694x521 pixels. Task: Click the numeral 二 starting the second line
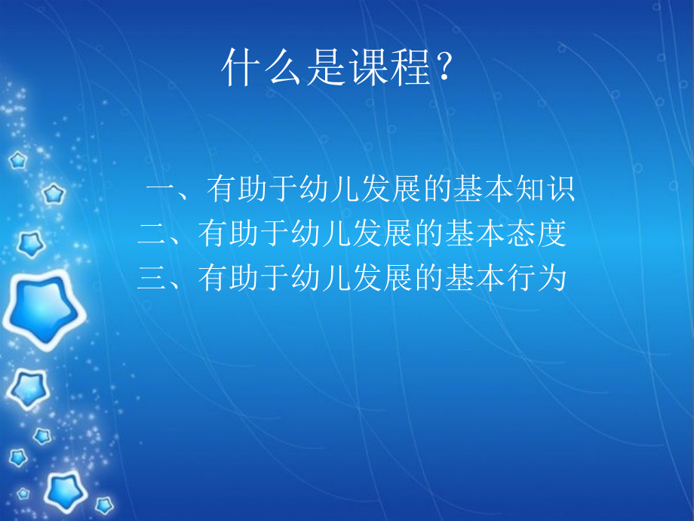[x=152, y=235]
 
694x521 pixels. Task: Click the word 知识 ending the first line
[x=545, y=190]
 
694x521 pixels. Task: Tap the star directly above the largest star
[x=30, y=243]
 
